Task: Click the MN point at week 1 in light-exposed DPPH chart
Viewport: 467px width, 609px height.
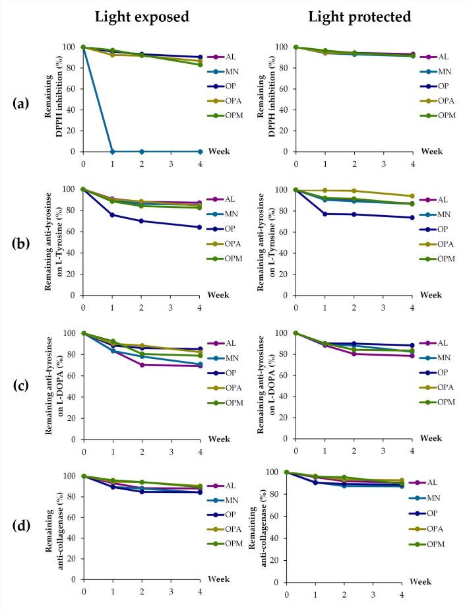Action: point(112,151)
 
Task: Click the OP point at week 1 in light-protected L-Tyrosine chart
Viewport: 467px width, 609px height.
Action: point(325,214)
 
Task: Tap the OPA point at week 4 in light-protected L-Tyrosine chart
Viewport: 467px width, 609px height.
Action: point(412,196)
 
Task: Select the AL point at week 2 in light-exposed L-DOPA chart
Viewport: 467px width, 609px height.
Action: point(141,365)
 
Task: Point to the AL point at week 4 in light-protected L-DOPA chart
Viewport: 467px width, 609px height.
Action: point(412,356)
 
